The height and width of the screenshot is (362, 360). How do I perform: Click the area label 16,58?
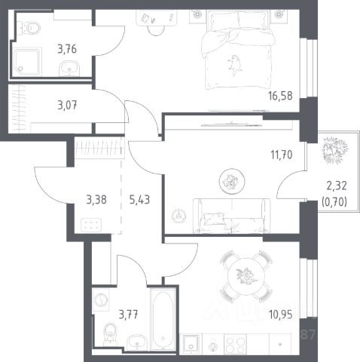point(280,96)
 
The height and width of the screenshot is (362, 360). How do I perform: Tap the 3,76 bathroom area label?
point(67,49)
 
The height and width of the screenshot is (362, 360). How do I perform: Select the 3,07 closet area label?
point(67,106)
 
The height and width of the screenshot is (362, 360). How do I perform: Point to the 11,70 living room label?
point(282,155)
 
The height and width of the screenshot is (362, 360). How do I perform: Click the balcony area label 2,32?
point(337,186)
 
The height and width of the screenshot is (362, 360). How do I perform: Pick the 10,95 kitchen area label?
point(280,314)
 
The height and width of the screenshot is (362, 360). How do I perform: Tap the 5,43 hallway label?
point(139,200)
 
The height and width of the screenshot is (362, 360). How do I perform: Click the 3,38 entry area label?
point(96,200)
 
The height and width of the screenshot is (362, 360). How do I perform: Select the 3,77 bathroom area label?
point(128,314)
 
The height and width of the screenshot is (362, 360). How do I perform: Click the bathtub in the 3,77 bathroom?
point(163,319)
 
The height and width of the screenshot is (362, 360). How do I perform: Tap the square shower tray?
point(26,62)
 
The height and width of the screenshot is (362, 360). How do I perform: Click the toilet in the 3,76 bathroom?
point(31,28)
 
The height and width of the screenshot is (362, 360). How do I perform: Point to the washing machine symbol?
point(100,300)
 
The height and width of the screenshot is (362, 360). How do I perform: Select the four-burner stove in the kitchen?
point(235,344)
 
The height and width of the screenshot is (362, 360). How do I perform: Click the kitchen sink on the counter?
point(191,344)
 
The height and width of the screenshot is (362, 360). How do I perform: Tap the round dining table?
point(246,276)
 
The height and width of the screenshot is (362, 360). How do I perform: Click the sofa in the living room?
point(231,216)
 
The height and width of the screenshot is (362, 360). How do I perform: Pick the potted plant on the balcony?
point(335,150)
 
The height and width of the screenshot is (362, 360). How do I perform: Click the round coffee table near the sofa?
point(232,181)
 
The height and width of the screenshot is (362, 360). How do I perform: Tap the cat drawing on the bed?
point(235,65)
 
